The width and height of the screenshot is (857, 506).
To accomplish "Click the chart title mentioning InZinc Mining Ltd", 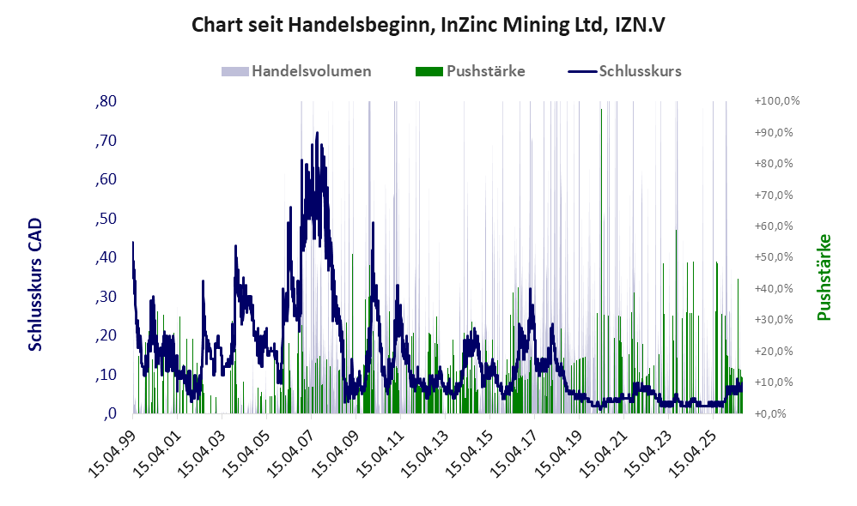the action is pos(428,25).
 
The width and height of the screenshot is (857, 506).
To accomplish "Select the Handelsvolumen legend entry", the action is pos(296,71).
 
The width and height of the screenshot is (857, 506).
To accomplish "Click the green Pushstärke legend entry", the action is pos(470,71).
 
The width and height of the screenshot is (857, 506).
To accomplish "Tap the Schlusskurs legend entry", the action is pos(624,71).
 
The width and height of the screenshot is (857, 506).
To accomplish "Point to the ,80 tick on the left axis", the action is pos(106,101).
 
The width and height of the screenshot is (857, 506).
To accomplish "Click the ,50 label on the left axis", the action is pos(106,219).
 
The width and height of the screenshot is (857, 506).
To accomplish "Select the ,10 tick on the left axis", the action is pos(106,375).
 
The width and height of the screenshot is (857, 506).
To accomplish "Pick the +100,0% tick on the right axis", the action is pos(776,101).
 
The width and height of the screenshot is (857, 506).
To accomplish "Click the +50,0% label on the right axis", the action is pos(774,257).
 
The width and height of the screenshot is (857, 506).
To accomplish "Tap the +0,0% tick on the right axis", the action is pos(770,413).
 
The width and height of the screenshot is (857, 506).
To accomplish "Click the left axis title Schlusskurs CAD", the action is pos(35,285).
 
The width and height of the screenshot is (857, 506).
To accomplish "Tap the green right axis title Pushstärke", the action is pos(824,277).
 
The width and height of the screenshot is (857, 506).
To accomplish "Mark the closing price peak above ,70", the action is pos(317,133).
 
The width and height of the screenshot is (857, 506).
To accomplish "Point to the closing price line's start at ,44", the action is pos(133,243).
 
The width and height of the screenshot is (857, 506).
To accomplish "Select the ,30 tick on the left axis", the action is pos(106,297).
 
